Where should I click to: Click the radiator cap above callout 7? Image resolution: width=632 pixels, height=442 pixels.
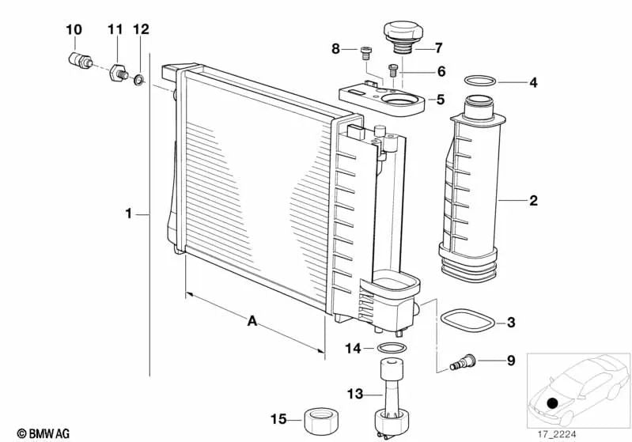[x=403, y=37]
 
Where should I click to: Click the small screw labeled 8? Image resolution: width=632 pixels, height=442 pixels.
[x=365, y=53]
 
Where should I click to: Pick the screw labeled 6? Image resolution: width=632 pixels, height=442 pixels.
[x=393, y=70]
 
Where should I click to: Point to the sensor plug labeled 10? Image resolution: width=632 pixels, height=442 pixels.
[x=80, y=60]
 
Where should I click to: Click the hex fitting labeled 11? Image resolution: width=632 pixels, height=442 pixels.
[x=119, y=73]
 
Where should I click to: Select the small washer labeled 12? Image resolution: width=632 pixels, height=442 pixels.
[x=139, y=80]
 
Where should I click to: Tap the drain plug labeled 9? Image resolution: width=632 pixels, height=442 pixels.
[x=462, y=361]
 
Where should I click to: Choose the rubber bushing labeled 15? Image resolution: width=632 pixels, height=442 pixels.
[x=321, y=421]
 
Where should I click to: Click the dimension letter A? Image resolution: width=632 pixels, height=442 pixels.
[x=252, y=321]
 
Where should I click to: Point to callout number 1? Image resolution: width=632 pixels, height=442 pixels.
[x=129, y=213]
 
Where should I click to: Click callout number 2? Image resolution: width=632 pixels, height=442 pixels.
[x=533, y=200]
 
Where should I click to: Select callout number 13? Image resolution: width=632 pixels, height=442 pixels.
[x=355, y=394]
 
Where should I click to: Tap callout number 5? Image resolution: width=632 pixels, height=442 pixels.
[x=440, y=99]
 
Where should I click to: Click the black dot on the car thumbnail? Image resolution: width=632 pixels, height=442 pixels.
[x=553, y=402]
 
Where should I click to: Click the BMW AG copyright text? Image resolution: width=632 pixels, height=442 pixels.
[x=44, y=433]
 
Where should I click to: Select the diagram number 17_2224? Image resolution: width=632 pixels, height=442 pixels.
[x=557, y=434]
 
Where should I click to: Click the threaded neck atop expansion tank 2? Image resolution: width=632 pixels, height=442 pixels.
[x=479, y=107]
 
